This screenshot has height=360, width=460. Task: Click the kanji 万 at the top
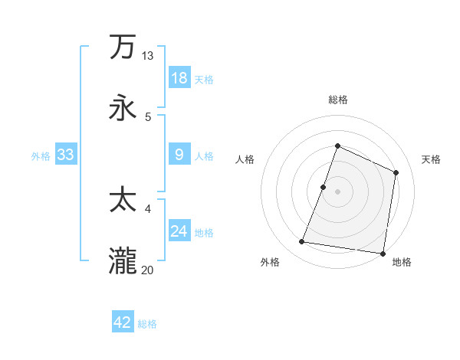123,47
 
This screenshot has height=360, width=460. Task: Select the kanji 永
123,108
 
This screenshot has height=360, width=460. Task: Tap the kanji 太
123,200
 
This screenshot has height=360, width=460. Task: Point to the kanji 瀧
123,261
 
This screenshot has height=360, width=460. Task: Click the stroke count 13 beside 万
148,56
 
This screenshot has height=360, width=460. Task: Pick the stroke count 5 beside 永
148,116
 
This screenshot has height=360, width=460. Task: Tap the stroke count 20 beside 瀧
148,270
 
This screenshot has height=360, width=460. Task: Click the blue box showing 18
179,78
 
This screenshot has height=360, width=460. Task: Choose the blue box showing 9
179,155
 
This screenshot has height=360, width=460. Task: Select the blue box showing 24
179,231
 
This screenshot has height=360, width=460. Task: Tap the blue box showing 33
65,155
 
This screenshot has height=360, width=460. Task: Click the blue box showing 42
123,322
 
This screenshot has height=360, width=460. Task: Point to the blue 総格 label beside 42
147,324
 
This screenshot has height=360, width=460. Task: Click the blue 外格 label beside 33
41,156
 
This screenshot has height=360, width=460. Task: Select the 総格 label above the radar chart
337,100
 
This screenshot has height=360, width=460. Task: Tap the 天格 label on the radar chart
431,159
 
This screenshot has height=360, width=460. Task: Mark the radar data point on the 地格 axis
383,254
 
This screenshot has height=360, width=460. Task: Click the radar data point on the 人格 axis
324,187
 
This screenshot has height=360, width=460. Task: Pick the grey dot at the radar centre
337,191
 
